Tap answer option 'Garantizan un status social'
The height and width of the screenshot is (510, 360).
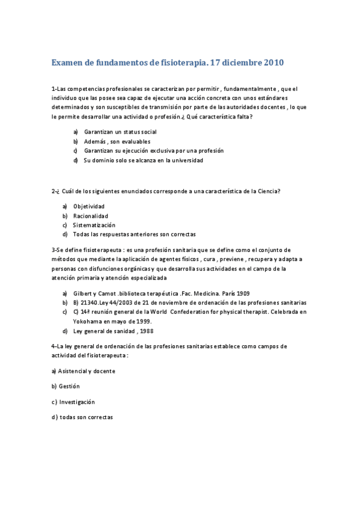(x=120, y=131)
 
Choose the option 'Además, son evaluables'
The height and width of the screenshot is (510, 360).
(x=117, y=141)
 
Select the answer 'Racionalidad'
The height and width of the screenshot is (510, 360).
(x=91, y=215)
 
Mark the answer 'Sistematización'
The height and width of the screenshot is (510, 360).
(x=94, y=225)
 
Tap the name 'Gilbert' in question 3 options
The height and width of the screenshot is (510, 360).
(x=82, y=293)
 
